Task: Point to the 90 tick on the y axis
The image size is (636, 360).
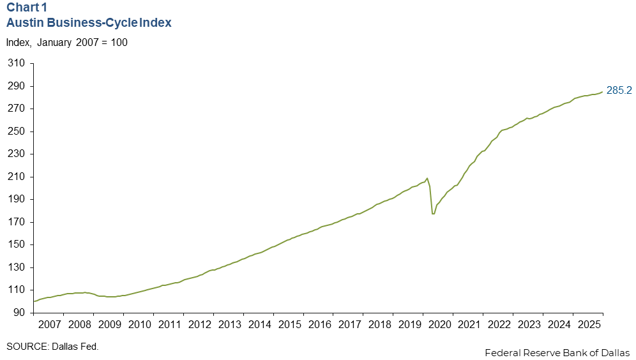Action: [x=20, y=313]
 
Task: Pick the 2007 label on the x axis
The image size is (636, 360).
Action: [x=49, y=324]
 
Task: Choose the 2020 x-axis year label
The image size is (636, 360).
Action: [x=438, y=324]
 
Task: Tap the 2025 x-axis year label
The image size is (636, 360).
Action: [x=588, y=324]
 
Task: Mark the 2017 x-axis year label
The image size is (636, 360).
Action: [x=349, y=324]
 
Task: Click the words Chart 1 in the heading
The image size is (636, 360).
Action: [x=27, y=9]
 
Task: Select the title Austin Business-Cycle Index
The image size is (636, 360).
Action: [x=89, y=23]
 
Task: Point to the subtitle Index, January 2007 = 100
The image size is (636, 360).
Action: [x=67, y=43]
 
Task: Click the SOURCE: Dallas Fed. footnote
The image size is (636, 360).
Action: [x=53, y=346]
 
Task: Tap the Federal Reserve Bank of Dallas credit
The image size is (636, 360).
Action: [x=557, y=352]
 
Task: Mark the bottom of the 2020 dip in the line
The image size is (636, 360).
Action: [x=434, y=214]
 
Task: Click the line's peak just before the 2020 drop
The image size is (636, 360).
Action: [x=427, y=178]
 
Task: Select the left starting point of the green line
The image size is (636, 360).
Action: [x=33, y=301]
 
